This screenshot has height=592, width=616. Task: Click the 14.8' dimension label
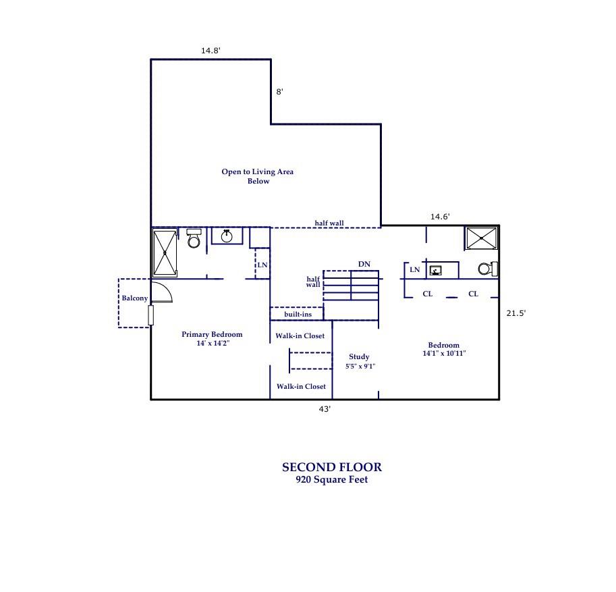tap(211, 51)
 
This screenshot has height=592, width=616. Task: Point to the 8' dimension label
tap(279, 92)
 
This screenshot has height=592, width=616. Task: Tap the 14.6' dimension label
tap(440, 217)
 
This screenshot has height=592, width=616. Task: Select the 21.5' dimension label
tap(515, 313)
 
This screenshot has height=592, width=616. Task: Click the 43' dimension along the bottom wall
tap(325, 409)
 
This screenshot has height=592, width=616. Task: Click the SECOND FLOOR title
tap(331, 467)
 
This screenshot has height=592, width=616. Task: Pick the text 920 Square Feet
tap(331, 481)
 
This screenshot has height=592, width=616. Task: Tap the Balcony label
tap(134, 298)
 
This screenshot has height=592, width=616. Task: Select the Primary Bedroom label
tap(212, 335)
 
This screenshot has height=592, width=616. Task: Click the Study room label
tap(359, 357)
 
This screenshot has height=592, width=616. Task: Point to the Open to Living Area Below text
tap(258, 176)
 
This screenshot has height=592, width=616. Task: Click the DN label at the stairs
tap(364, 265)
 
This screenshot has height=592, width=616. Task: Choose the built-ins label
tap(298, 315)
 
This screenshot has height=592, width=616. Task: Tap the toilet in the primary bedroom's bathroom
tap(194, 238)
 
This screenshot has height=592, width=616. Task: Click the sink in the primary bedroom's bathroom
tap(227, 236)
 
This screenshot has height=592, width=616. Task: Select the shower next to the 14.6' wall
tap(481, 238)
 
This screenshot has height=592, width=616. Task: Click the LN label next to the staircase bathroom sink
tap(414, 270)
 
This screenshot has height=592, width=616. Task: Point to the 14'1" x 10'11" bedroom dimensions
tap(444, 354)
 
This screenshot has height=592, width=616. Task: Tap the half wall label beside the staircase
tap(313, 282)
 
